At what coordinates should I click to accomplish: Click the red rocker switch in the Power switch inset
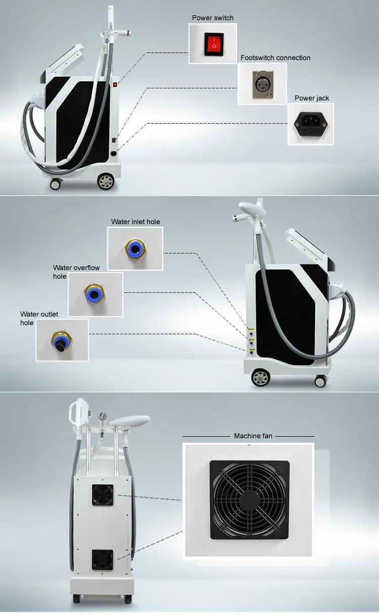214,44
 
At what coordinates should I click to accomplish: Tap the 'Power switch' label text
213,18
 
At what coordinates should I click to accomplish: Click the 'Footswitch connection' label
275,58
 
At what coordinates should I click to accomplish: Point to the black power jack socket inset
311,124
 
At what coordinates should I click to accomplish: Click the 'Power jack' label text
312,98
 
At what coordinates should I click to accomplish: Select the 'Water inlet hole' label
135,222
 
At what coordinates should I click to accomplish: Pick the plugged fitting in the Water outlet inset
61,341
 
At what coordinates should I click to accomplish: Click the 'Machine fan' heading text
253,436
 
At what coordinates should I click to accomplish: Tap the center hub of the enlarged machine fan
250,500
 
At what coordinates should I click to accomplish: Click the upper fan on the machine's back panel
103,495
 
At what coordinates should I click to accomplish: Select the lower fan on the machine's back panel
102,559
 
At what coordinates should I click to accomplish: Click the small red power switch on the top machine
115,84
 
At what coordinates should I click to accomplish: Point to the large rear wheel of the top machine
106,181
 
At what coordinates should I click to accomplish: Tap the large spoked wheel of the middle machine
260,378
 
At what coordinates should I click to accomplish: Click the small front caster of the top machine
56,184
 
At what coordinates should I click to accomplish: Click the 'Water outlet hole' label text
39,318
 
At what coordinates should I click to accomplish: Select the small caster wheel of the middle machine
320,381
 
